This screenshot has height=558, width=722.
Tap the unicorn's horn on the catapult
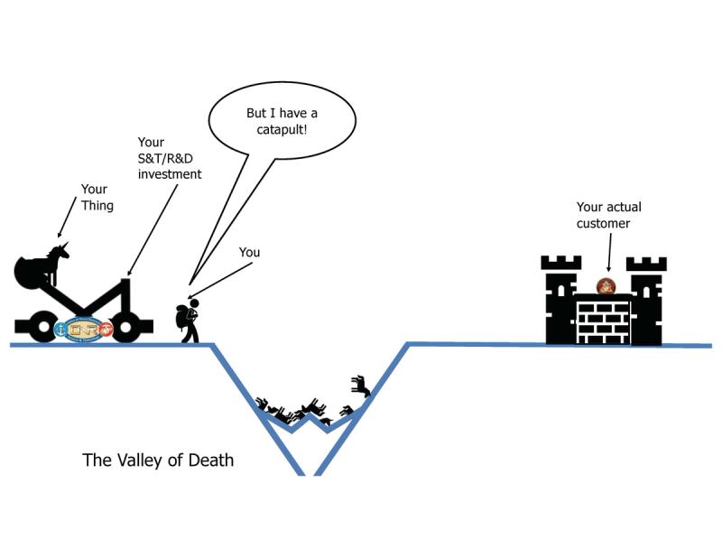click(x=66, y=246)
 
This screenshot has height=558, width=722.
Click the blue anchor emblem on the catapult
click(x=62, y=330)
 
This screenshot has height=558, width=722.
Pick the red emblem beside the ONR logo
click(x=107, y=330)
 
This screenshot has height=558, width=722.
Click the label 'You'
click(x=249, y=253)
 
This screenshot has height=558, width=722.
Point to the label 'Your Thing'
click(x=94, y=197)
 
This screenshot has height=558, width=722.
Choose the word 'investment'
click(x=170, y=173)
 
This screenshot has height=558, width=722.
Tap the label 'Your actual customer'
click(x=609, y=215)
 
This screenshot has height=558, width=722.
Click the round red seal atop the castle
click(x=606, y=287)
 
